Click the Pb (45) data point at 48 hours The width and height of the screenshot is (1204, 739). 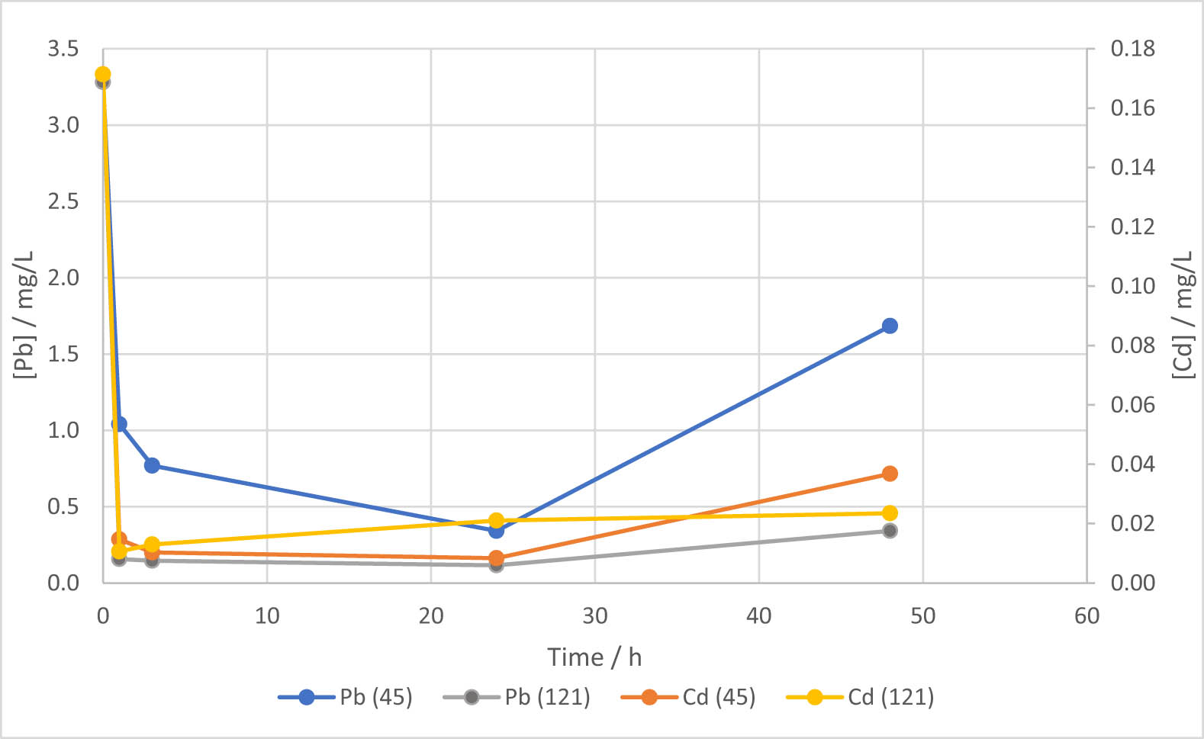pyautogui.click(x=890, y=326)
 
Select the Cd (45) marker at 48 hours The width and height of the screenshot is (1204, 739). pyautogui.click(x=890, y=474)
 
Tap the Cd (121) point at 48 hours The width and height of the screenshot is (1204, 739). pyautogui.click(x=890, y=513)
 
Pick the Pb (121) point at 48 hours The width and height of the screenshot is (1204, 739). pyautogui.click(x=890, y=531)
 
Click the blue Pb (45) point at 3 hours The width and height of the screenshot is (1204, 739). pyautogui.click(x=152, y=465)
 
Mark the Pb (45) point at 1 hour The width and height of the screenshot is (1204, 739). pyautogui.click(x=119, y=424)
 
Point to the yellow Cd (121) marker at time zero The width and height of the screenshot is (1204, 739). pyautogui.click(x=103, y=75)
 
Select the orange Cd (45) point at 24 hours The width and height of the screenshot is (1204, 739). pyautogui.click(x=496, y=557)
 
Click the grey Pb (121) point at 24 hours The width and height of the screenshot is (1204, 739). pyautogui.click(x=496, y=565)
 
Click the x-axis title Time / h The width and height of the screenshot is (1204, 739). pyautogui.click(x=594, y=657)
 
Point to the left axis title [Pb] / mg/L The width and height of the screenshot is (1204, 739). pyautogui.click(x=24, y=313)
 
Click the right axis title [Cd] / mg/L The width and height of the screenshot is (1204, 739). pyautogui.click(x=1182, y=313)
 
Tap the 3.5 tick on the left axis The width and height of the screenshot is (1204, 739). pyautogui.click(x=63, y=50)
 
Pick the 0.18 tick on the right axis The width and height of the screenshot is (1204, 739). pyautogui.click(x=1132, y=50)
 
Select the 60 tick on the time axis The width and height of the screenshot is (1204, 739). pyautogui.click(x=1086, y=616)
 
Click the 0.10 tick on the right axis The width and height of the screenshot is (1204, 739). pyautogui.click(x=1132, y=287)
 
